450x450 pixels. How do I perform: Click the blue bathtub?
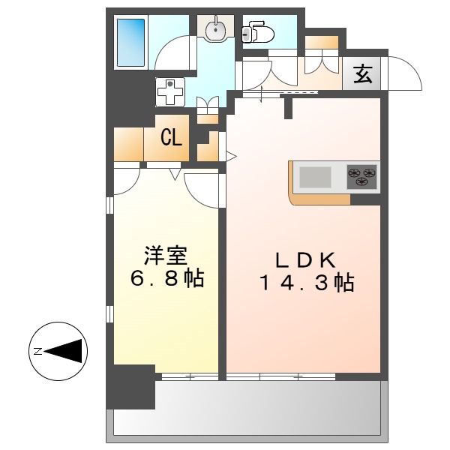[x=132, y=43]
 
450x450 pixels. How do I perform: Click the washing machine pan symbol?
[x=171, y=92]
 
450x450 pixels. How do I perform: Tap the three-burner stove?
[x=361, y=177]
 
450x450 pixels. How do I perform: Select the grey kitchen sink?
[x=316, y=177]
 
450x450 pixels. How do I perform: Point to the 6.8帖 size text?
[x=166, y=280]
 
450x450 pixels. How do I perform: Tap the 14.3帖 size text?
[x=306, y=283]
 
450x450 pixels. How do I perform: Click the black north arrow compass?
[x=60, y=350]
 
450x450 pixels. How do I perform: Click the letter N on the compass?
[x=37, y=350]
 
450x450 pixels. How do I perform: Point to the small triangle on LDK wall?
[x=231, y=157]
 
